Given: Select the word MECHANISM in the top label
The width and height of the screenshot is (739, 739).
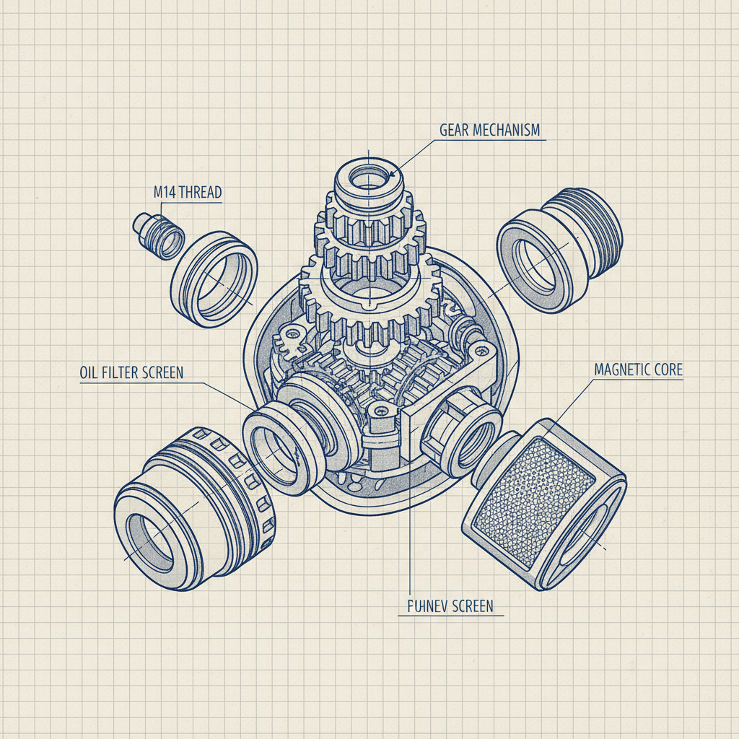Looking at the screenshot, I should coord(509,131).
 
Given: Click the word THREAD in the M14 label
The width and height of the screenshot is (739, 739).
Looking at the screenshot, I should coord(199,192).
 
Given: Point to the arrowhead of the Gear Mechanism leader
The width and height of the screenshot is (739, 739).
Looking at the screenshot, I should coord(392,174).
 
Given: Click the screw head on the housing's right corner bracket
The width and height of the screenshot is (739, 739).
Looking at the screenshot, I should coord(481,351).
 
